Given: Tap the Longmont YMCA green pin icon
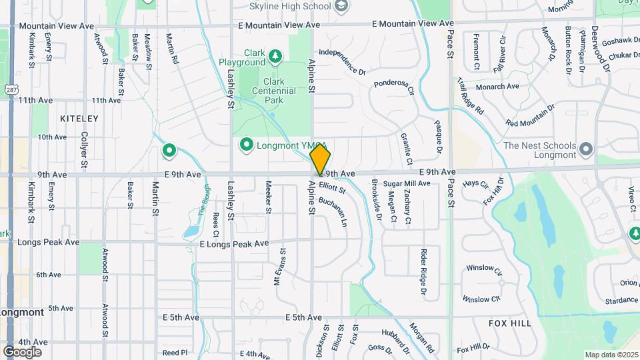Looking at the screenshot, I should [x=246, y=145].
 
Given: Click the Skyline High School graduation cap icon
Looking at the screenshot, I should [x=341, y=7].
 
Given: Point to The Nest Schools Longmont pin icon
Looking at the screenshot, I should [x=586, y=149].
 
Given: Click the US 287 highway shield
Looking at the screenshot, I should [x=11, y=89].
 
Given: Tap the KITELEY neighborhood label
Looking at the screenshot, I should [x=79, y=119].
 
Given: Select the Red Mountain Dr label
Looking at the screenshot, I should [x=531, y=115].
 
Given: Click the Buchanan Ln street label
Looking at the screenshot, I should [x=333, y=211].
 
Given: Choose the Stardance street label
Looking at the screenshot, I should [x=621, y=301].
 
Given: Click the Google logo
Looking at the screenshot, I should [x=22, y=351].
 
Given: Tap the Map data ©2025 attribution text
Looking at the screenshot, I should [x=611, y=355].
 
